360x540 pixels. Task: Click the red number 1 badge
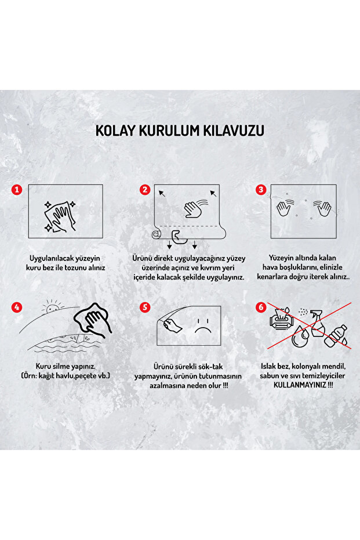pos(17,190)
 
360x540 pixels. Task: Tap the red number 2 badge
pos(145,190)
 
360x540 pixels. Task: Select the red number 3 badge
pos(261,190)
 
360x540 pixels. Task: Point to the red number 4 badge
pos(17,307)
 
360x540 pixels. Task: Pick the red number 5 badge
pos(145,307)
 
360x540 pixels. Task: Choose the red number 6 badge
pos(261,307)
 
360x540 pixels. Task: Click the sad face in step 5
pos(203,325)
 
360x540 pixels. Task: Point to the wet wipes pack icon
pos(281,319)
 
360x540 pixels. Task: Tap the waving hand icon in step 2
pos(196,208)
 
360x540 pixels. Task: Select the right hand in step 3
pos(323,207)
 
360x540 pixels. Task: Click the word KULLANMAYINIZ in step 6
pos(300,385)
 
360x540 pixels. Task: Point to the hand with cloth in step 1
pos(60,217)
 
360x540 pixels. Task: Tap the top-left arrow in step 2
pos(162,193)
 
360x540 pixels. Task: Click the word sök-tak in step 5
pos(210,367)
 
